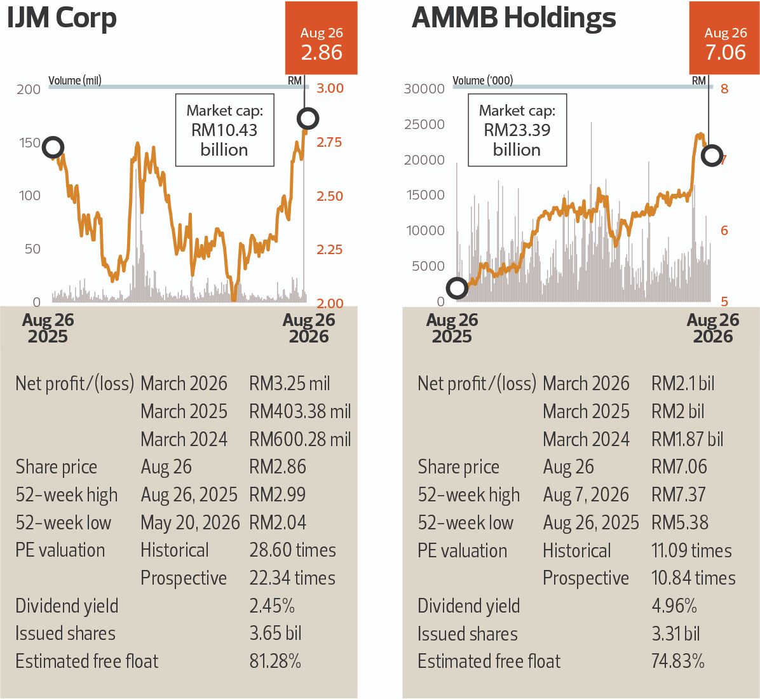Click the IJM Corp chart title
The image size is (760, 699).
62,18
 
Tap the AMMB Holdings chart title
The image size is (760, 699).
514,18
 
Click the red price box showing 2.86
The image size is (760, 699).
322,38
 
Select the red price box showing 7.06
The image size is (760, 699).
725,38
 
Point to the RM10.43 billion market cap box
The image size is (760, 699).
224,130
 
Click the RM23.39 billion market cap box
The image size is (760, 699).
517,130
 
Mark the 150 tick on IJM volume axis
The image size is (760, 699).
29,143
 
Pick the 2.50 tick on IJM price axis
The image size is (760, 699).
330,196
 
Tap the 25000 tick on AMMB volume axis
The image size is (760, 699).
424,125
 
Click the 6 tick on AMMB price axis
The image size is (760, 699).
724,230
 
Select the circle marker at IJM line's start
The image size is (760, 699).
53,147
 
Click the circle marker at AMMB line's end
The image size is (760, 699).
712,156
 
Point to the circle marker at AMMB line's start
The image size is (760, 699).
457,288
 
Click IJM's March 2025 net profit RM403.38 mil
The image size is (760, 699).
300,412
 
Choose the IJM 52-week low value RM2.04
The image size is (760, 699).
278,522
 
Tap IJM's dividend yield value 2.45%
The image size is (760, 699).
272,606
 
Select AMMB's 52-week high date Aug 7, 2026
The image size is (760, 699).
585,495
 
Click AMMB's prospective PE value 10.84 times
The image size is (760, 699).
694,578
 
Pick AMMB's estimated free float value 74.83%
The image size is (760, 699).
677,661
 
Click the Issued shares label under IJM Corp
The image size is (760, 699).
65,634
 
